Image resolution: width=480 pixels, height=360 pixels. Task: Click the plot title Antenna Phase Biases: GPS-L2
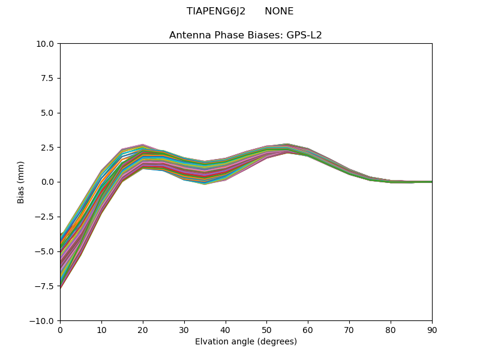(x=245, y=35)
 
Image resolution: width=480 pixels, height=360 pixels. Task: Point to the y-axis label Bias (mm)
(x=21, y=182)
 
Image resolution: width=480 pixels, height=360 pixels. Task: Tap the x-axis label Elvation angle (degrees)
(x=245, y=341)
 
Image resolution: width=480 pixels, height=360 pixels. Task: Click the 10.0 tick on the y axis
(x=46, y=44)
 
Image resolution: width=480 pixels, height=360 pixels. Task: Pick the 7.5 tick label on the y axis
(x=48, y=78)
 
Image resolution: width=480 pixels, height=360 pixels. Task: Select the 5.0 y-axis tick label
(x=48, y=113)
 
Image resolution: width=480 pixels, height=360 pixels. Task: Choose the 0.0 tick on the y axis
(x=48, y=182)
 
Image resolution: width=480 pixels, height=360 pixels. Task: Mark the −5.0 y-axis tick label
(x=46, y=251)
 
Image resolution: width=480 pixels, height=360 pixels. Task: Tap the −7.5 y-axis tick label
(x=46, y=286)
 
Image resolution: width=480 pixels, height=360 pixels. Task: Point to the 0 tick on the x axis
(x=60, y=329)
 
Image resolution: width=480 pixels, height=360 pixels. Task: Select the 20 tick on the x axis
(x=143, y=329)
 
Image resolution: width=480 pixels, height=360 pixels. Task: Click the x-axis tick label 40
(x=225, y=329)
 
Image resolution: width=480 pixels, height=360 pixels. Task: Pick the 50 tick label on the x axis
(x=266, y=329)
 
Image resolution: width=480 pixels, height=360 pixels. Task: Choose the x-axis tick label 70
(x=349, y=329)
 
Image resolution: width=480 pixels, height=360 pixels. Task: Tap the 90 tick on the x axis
(x=431, y=329)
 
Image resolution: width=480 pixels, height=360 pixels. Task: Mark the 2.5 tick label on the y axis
(x=48, y=148)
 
